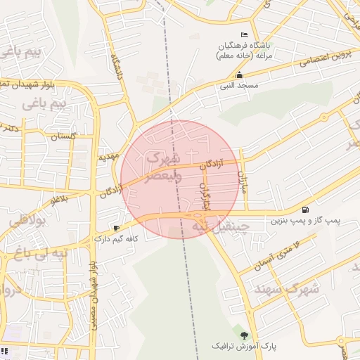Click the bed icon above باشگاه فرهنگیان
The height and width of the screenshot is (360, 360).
pos(244,35)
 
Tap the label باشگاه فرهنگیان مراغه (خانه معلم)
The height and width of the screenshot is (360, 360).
pos(244,50)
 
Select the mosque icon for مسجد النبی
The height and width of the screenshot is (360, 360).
pos(240,75)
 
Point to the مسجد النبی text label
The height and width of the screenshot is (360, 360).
pos(239,85)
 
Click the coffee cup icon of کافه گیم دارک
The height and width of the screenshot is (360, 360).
pos(117,228)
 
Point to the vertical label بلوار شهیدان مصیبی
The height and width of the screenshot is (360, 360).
pos(92,295)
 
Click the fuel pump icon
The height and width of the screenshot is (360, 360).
pos(304,210)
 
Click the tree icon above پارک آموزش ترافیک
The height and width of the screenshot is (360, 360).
pos(245,335)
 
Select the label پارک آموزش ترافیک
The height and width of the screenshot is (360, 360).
pos(244,347)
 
